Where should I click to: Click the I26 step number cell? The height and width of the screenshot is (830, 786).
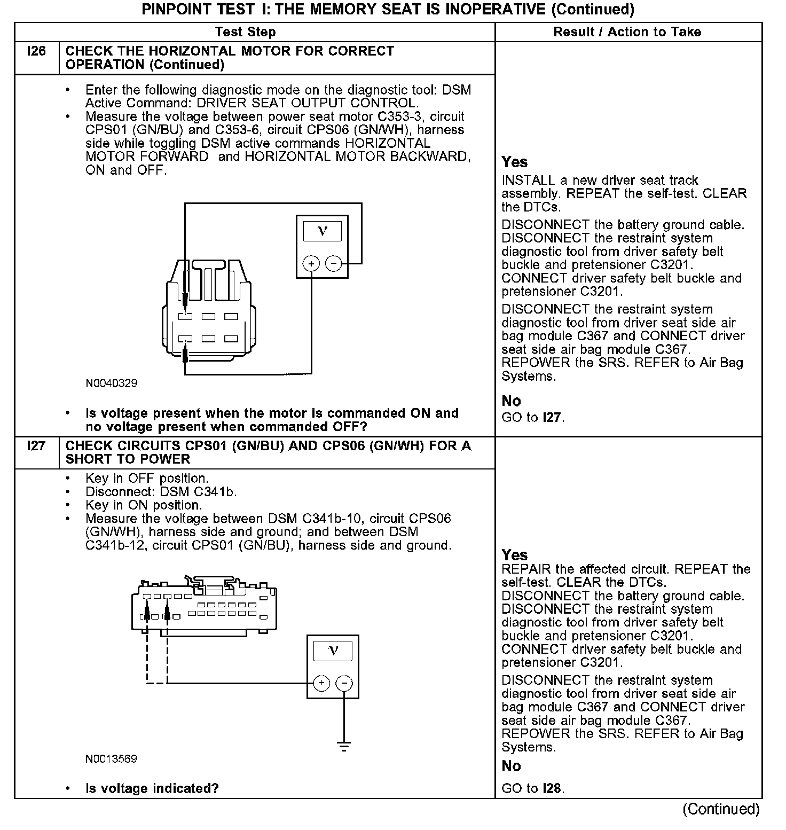click(36, 52)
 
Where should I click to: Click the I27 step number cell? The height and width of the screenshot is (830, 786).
click(36, 446)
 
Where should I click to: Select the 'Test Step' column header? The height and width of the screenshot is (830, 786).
click(245, 32)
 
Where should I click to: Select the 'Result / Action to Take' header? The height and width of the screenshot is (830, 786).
click(627, 32)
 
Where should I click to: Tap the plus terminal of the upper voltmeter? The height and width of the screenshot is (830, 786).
click(311, 263)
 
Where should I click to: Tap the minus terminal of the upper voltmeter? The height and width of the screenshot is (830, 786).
click(334, 263)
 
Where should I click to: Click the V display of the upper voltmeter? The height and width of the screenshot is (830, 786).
click(322, 231)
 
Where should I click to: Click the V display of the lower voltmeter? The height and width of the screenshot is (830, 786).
click(333, 651)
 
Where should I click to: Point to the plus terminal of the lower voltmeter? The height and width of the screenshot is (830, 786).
click(321, 683)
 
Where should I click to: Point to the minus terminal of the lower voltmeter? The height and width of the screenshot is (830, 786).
click(344, 683)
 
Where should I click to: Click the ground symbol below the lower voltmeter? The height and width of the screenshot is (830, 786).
click(344, 747)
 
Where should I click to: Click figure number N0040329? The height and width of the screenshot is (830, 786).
click(111, 383)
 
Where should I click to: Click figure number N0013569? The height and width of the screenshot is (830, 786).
click(111, 759)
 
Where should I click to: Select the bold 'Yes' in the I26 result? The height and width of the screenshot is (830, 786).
click(514, 162)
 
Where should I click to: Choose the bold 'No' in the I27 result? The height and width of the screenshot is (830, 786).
click(511, 766)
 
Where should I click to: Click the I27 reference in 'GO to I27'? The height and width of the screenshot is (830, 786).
click(552, 418)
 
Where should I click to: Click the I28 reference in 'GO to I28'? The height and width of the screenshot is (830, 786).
click(552, 788)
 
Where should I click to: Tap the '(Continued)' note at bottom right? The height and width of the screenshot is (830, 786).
click(721, 809)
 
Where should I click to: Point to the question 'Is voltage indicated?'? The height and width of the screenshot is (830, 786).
click(152, 788)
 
